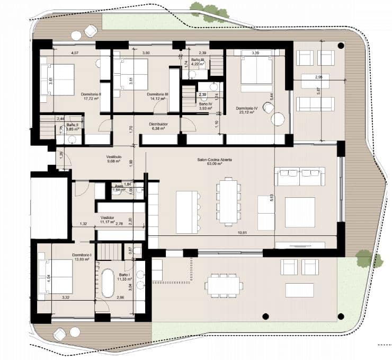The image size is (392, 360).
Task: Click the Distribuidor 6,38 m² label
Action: click(159, 126)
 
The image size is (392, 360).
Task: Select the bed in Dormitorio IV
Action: click(256, 71)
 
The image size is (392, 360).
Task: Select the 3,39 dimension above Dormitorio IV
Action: click(255, 53)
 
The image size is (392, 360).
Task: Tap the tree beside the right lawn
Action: click(367, 259)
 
